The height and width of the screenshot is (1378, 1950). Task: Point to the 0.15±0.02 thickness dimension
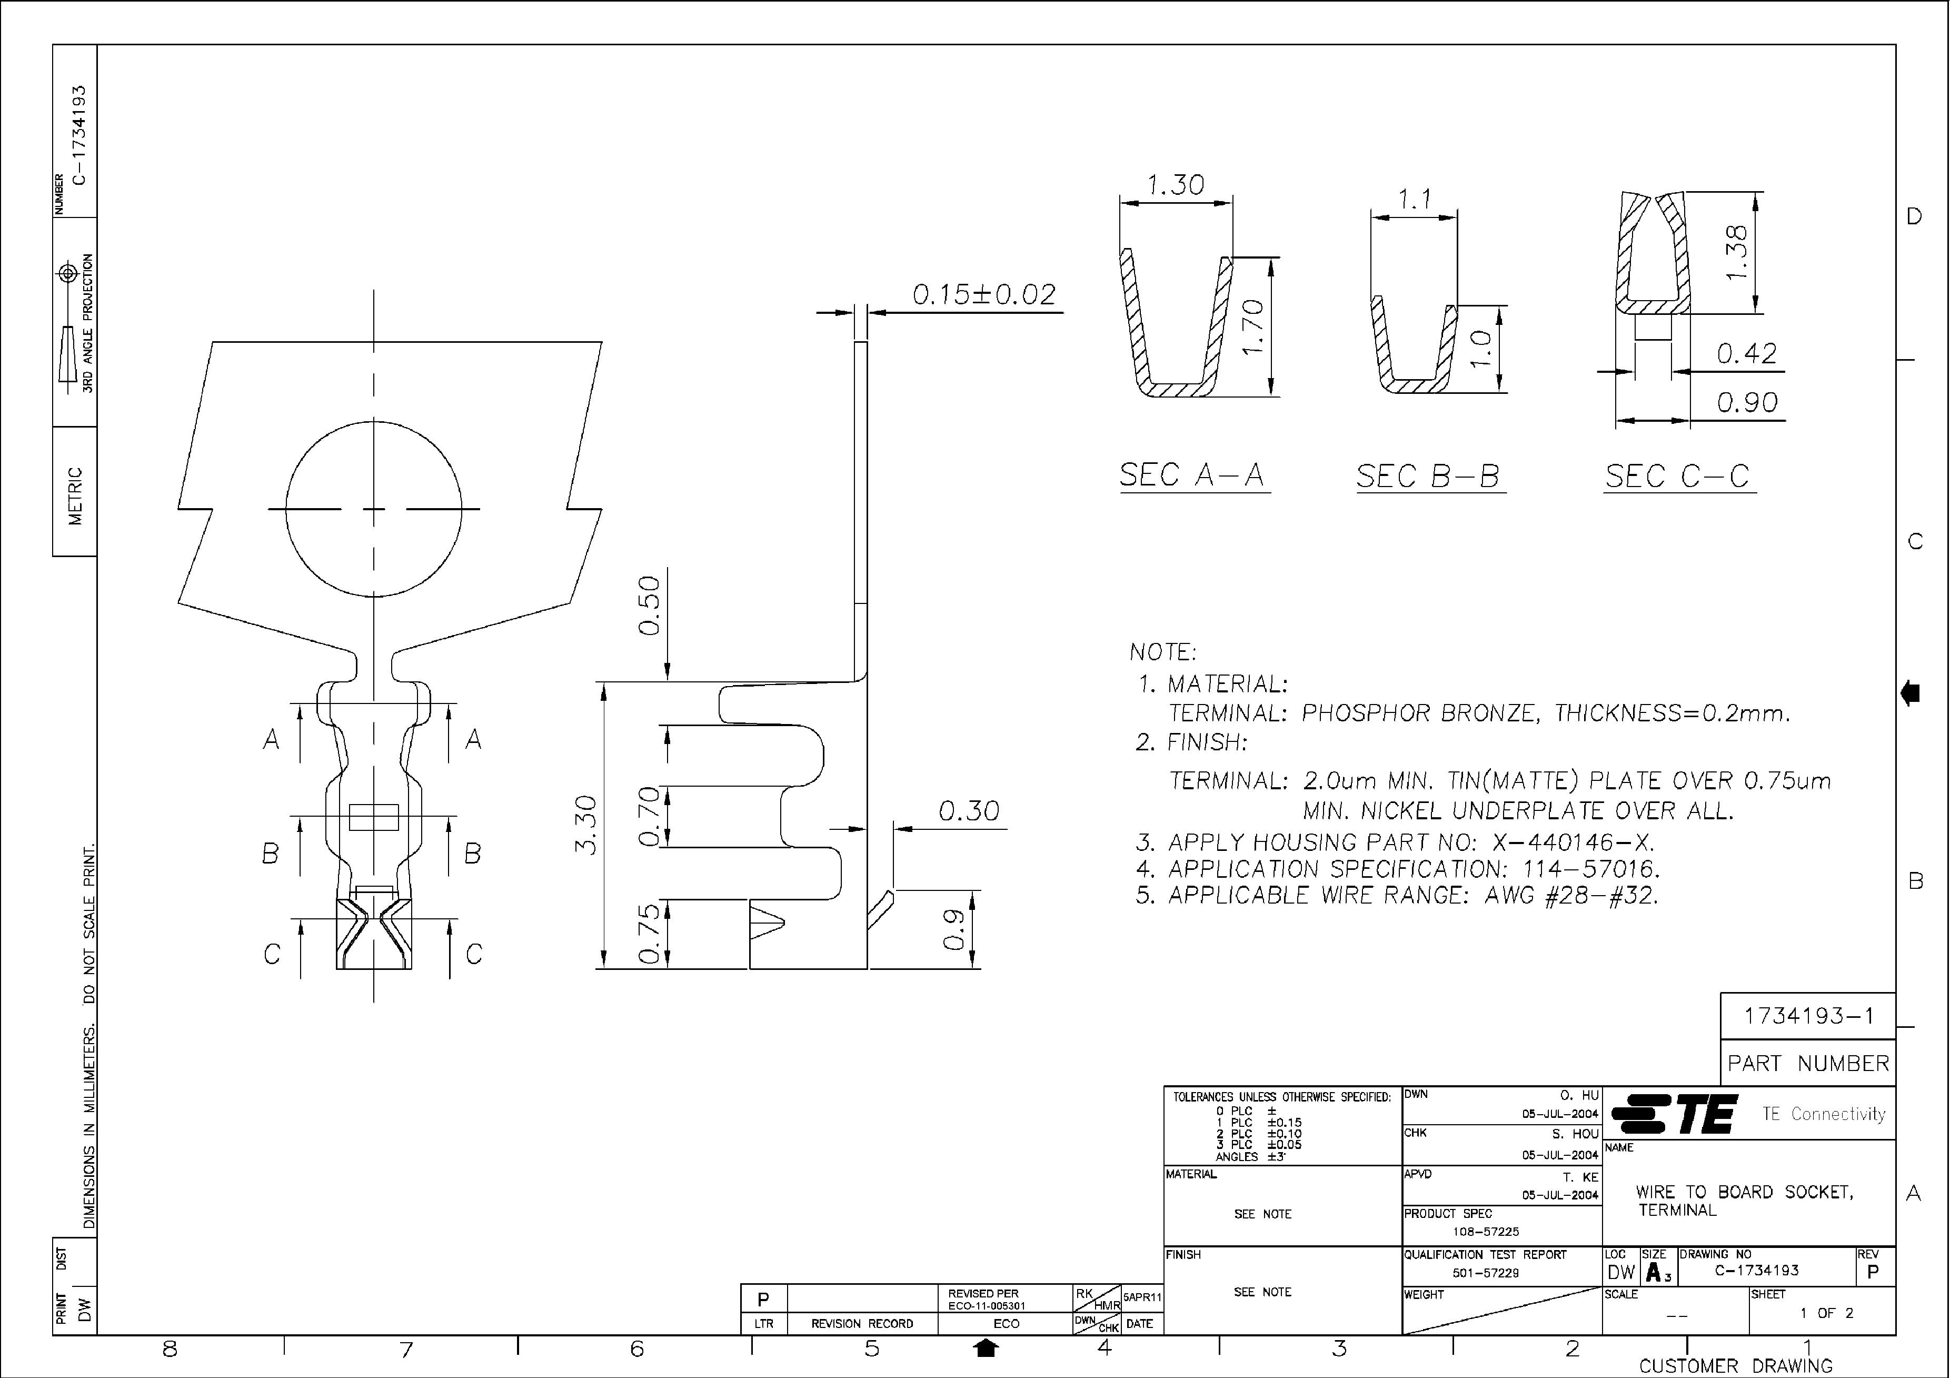[983, 295]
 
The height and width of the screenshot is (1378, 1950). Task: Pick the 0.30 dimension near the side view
[968, 811]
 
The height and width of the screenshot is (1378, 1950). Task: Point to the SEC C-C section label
[1677, 476]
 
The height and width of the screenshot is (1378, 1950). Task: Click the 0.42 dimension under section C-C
[1746, 353]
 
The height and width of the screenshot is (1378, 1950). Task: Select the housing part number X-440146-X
[1573, 843]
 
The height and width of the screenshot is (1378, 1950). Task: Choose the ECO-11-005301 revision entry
[986, 1306]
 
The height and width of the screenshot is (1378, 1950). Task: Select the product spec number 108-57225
[1486, 1231]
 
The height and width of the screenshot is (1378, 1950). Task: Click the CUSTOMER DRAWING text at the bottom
[1735, 1366]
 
